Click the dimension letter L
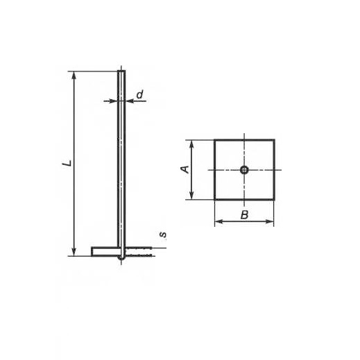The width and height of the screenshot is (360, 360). [x=67, y=164]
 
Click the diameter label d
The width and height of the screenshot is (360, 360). [x=140, y=94]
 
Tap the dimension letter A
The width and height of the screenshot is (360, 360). [x=185, y=169]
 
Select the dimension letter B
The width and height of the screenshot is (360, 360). [x=244, y=215]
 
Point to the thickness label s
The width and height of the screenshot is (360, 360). [x=164, y=234]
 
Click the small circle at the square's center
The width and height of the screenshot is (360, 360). [x=244, y=170]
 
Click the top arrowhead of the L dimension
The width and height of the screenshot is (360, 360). [x=74, y=75]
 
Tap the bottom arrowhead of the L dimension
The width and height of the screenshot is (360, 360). [x=74, y=252]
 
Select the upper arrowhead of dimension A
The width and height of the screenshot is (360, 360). [x=191, y=144]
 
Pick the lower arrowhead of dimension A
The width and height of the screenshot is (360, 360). [x=191, y=196]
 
